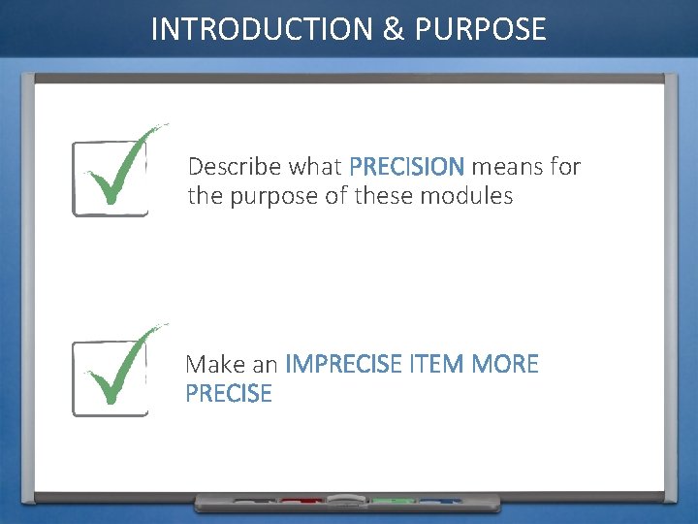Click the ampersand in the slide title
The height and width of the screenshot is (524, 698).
click(393, 29)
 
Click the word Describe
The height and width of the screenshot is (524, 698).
click(229, 167)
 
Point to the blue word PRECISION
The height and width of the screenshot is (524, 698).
click(406, 167)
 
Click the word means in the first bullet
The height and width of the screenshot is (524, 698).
click(507, 167)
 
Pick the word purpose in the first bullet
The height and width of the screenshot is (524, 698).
click(272, 197)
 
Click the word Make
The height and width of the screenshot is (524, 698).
click(213, 364)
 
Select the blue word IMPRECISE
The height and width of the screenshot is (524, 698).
click(343, 364)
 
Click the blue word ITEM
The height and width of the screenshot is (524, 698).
click(436, 364)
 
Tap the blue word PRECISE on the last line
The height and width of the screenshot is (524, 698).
click(229, 394)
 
